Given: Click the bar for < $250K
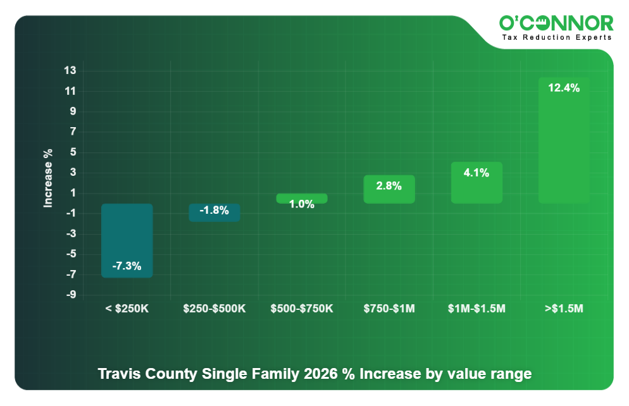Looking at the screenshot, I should click(x=127, y=240).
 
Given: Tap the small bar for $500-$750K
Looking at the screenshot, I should click(x=302, y=198).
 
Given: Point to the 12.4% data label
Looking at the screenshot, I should click(x=563, y=89).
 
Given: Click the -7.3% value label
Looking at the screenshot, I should click(x=127, y=266).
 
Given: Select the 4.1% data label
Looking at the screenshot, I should click(x=476, y=173).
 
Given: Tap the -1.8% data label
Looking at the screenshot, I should click(x=214, y=211).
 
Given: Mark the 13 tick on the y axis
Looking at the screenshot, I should click(x=70, y=71).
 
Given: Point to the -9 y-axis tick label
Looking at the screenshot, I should click(x=71, y=295).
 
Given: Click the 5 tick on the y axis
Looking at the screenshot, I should click(x=72, y=152).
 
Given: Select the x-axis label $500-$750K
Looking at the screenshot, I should click(x=302, y=309).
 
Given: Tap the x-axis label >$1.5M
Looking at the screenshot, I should click(x=563, y=309).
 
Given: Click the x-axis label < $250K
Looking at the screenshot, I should click(x=127, y=309).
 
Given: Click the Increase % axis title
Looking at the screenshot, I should click(x=48, y=178).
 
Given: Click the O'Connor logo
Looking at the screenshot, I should click(x=556, y=24).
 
